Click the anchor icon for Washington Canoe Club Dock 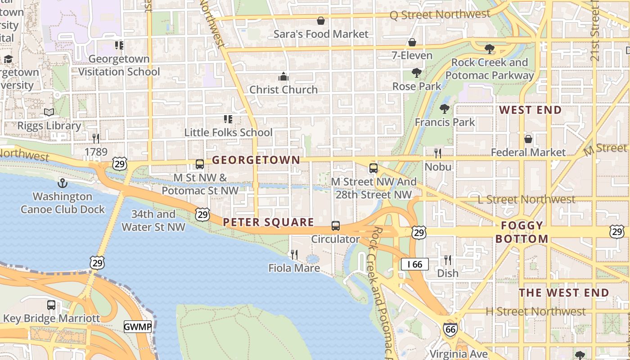[63, 183]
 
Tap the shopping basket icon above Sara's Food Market [321, 21]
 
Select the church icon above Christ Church [283, 76]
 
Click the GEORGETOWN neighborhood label [256, 160]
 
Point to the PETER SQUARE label [268, 222]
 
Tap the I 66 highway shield [414, 264]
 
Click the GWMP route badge [138, 327]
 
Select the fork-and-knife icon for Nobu [438, 153]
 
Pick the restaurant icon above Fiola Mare [294, 255]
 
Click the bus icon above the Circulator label [336, 226]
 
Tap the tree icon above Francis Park [445, 108]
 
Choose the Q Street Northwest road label [440, 15]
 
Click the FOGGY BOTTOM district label [522, 232]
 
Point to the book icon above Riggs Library [49, 112]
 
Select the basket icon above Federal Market [528, 139]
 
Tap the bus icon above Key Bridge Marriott [51, 305]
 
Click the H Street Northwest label [535, 311]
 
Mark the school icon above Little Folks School [228, 119]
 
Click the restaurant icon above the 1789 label [96, 138]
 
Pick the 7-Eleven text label [412, 56]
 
